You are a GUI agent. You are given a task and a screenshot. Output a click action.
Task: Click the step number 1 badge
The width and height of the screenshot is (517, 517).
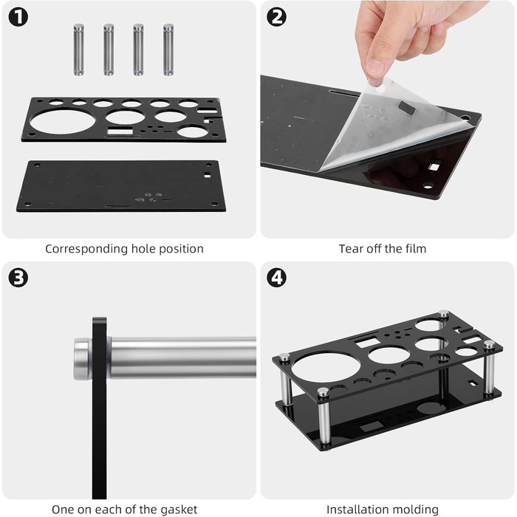tap(18, 18)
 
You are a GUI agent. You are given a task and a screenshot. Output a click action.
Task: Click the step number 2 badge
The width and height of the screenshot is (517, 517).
tap(277, 18)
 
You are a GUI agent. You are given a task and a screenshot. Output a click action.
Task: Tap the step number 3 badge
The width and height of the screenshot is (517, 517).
tap(18, 278)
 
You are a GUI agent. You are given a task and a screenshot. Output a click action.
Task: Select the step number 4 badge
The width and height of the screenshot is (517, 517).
tap(277, 278)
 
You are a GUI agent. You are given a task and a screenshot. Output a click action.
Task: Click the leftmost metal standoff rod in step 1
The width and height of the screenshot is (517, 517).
tap(78, 49)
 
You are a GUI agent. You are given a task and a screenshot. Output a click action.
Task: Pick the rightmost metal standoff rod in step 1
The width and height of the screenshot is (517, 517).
tap(168, 49)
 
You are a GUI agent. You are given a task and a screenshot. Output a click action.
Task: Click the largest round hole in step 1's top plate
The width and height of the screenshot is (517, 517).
tap(62, 122)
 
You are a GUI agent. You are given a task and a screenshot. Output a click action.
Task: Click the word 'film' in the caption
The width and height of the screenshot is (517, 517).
tap(417, 249)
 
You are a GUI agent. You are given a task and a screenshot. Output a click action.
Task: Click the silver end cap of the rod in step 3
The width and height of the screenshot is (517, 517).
tap(82, 359)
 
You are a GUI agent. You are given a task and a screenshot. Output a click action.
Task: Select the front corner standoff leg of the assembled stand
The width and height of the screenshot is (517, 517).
tap(323, 418)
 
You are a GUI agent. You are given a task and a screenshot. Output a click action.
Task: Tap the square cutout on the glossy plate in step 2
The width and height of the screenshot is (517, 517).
tap(434, 165)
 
